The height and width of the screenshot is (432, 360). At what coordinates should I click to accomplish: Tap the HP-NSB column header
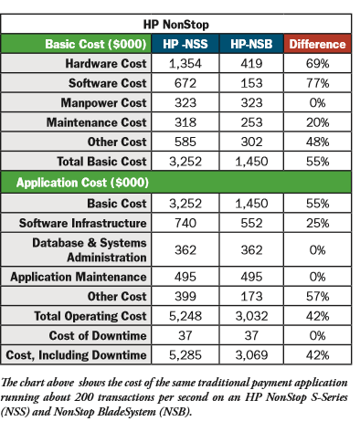(x=251, y=44)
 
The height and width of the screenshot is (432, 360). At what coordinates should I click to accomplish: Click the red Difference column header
(x=316, y=44)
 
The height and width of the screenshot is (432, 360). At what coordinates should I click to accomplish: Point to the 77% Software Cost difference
(x=316, y=84)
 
